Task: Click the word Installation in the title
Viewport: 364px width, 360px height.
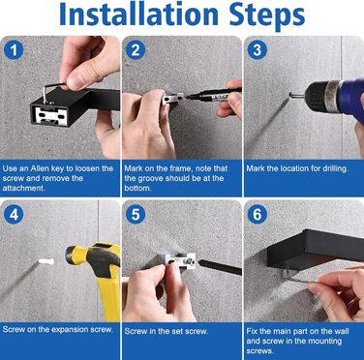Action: (x=139, y=15)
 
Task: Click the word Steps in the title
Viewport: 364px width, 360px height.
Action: (x=266, y=17)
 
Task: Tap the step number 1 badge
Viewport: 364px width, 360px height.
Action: (x=14, y=50)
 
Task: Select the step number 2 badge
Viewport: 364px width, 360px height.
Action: (x=136, y=50)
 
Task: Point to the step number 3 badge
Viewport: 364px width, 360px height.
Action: (x=258, y=50)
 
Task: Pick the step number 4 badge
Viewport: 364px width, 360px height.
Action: (x=14, y=215)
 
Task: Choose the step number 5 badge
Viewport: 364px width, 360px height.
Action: (x=136, y=215)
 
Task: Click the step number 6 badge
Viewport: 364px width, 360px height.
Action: (x=258, y=215)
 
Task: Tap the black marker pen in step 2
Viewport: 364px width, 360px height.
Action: (x=214, y=94)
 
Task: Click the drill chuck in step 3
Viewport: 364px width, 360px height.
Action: (x=323, y=96)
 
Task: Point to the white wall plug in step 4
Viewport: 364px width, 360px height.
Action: (x=46, y=261)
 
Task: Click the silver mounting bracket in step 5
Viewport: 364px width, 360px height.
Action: (x=180, y=260)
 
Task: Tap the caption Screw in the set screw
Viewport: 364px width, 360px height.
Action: (x=167, y=331)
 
